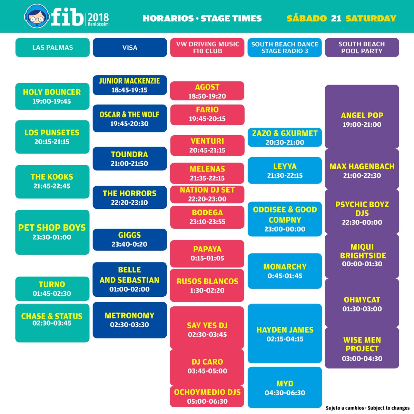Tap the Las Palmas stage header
click(x=52, y=48)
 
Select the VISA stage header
click(x=130, y=48)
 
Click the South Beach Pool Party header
click(x=362, y=48)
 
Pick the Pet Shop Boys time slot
click(x=52, y=232)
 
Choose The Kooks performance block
click(x=52, y=181)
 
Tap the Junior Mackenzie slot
click(x=130, y=85)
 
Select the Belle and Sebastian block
click(x=130, y=279)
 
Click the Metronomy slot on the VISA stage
click(x=130, y=320)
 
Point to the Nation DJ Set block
click(x=207, y=194)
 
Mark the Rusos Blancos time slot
click(x=207, y=286)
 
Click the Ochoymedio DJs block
click(x=207, y=396)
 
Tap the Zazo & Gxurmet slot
click(x=285, y=137)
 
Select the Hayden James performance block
click(x=285, y=334)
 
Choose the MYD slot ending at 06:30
click(x=285, y=388)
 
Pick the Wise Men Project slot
click(x=362, y=348)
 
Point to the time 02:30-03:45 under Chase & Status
click(x=52, y=324)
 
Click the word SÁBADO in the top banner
click(x=307, y=18)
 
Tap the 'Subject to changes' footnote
click(x=388, y=408)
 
